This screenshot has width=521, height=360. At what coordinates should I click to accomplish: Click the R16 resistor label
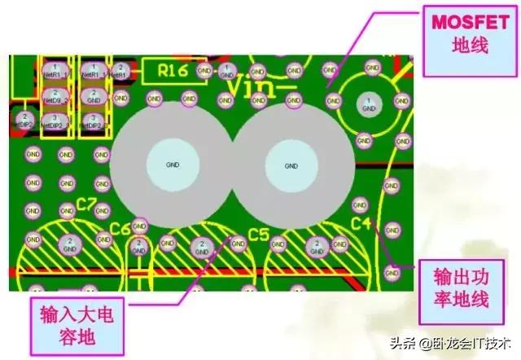tap(173, 71)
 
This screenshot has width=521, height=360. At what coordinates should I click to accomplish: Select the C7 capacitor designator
tap(87, 204)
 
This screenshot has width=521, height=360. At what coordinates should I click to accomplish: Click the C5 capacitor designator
tap(259, 235)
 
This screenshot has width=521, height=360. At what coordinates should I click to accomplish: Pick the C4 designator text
tap(361, 222)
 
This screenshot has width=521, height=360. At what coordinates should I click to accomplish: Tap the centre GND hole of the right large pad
tap(291, 165)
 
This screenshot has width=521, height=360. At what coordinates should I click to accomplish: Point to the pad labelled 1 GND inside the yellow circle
tap(369, 104)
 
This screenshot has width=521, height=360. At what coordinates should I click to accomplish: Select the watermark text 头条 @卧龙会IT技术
tap(443, 343)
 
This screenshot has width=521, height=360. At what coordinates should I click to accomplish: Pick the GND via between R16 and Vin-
tap(204, 71)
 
